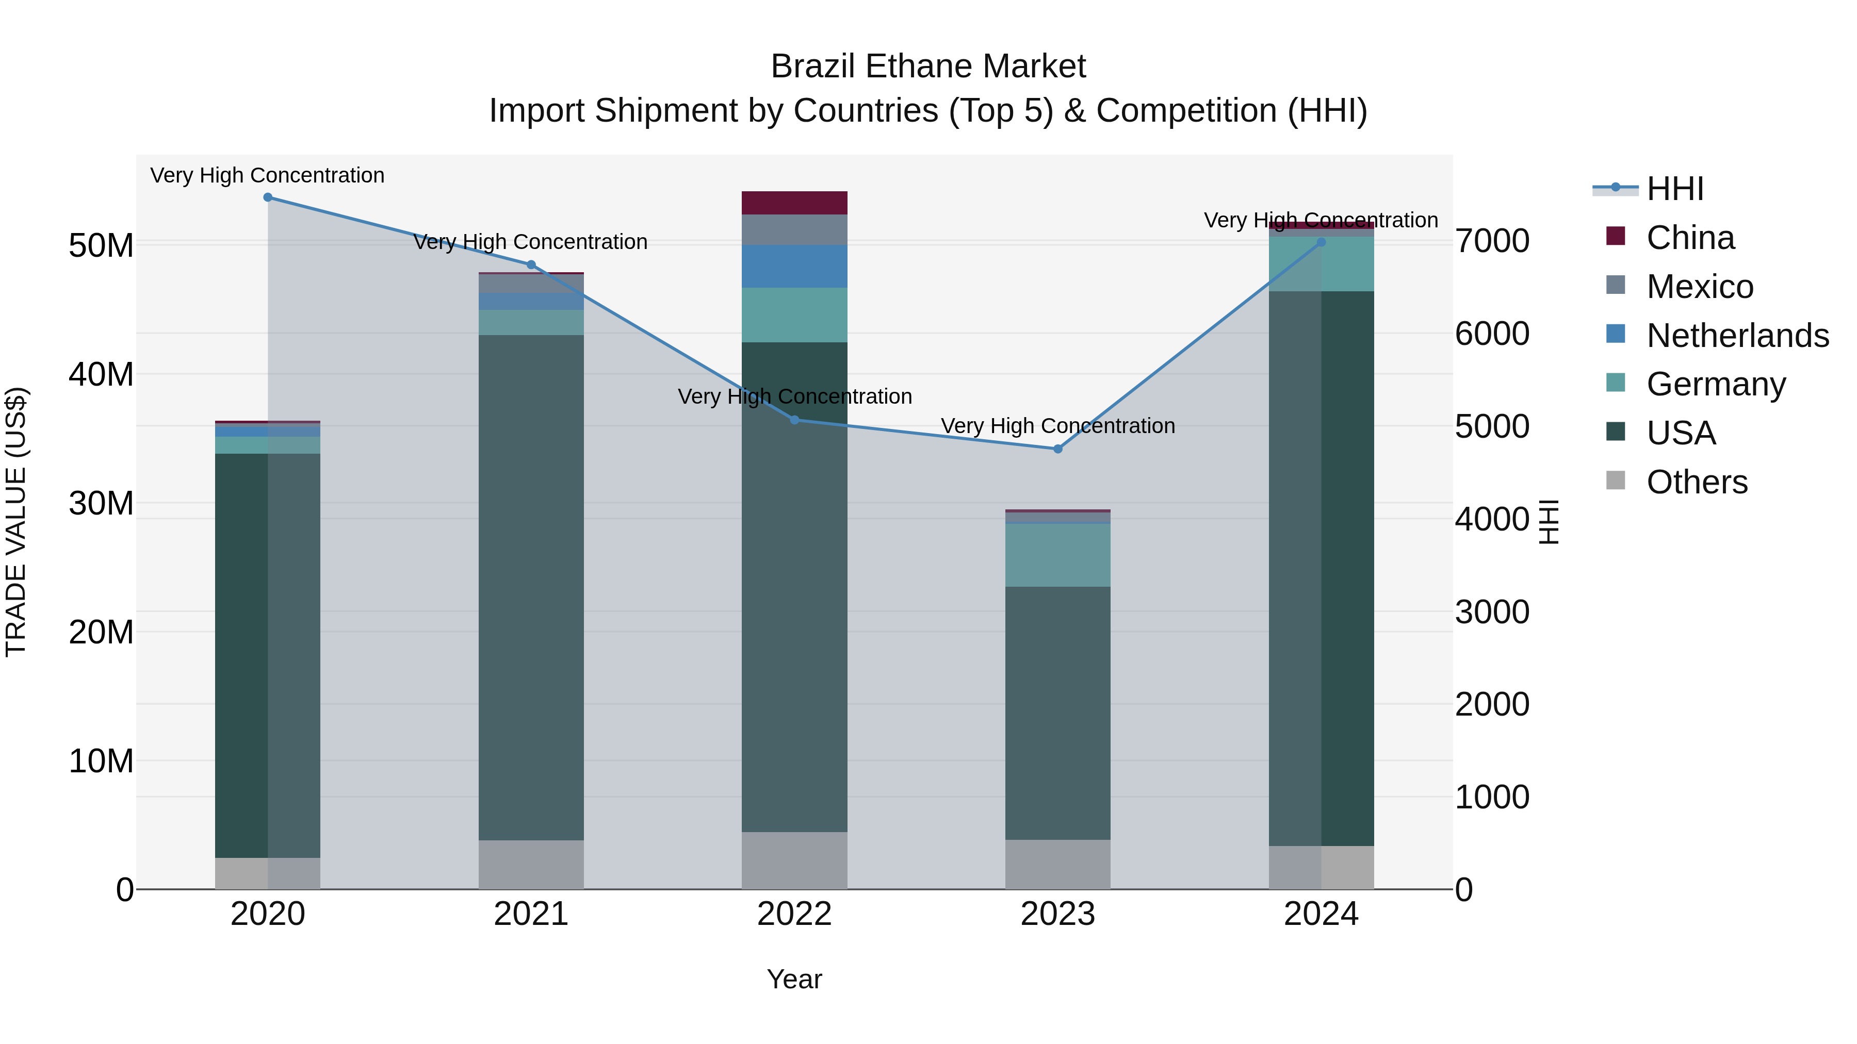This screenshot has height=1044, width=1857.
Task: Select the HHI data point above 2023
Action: [x=1057, y=449]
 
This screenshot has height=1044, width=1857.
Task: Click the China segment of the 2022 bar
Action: [x=794, y=203]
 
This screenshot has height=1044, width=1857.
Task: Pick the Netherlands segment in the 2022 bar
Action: [x=794, y=267]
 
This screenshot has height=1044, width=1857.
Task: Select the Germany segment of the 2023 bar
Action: [x=1057, y=555]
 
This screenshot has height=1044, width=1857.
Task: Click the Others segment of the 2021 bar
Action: [x=531, y=864]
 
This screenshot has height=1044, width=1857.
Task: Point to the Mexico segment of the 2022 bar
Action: [x=794, y=230]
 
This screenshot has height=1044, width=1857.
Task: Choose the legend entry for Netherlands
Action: [x=1737, y=336]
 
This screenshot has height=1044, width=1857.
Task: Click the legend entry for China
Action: [x=1690, y=238]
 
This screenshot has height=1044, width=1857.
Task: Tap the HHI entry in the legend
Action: [x=1674, y=189]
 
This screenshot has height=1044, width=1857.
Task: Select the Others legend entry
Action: [x=1696, y=482]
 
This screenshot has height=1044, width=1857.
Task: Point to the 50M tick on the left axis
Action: [x=101, y=246]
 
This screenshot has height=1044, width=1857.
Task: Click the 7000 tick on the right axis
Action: [x=1491, y=241]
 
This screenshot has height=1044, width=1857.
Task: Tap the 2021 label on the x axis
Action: [x=531, y=914]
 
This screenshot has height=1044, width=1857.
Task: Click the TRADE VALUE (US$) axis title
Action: [x=16, y=522]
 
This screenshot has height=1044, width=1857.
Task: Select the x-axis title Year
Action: [x=794, y=979]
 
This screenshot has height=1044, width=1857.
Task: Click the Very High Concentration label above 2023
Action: [x=1057, y=426]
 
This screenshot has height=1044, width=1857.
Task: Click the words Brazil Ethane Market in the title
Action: [x=928, y=67]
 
